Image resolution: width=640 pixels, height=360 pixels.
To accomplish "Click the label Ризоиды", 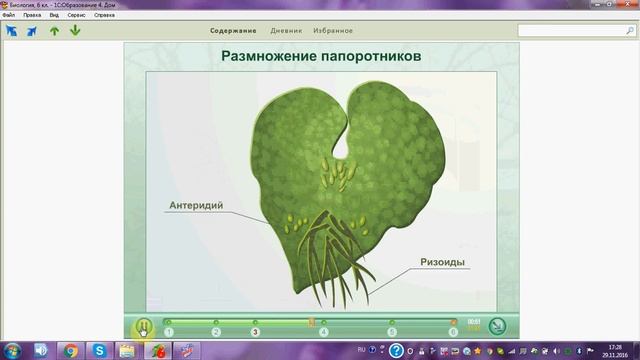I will click(441, 264).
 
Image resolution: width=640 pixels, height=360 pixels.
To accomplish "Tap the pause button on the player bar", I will click(144, 326).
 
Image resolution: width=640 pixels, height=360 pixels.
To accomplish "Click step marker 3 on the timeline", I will click(255, 331).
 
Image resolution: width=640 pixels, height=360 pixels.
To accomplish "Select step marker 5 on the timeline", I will click(392, 331).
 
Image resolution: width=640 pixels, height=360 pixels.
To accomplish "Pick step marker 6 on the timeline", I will click(453, 331).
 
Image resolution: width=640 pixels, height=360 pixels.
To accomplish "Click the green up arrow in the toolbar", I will click(54, 30).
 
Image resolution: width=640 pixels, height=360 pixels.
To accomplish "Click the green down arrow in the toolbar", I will click(75, 30).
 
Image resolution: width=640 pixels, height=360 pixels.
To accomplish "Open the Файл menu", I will click(9, 16).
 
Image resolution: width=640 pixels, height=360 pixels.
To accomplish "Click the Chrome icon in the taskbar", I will click(71, 350).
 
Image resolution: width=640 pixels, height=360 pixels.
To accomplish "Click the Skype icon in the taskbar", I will click(100, 350).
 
